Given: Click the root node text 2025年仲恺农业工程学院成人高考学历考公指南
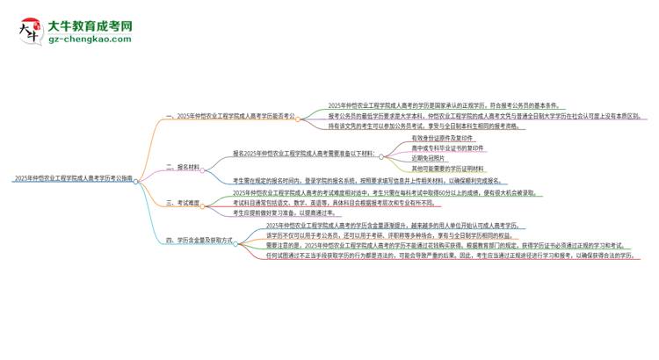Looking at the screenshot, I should (74, 177).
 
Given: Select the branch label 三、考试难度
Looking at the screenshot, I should (183, 203).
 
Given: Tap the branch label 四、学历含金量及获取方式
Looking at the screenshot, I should (199, 241).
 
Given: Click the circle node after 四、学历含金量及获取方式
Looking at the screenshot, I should (240, 241).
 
